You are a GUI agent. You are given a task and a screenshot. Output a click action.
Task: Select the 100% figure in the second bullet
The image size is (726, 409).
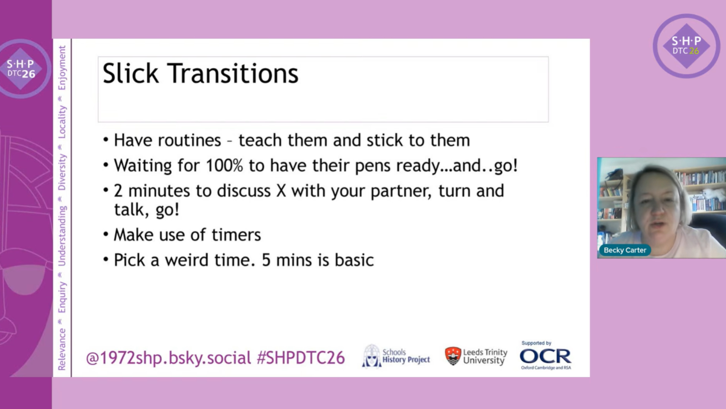point(224,165)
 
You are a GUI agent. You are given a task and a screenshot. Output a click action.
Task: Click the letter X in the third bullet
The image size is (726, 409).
point(281,190)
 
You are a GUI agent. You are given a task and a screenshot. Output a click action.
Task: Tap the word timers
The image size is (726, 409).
point(236,235)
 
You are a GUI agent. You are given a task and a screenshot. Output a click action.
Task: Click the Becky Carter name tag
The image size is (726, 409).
point(625,250)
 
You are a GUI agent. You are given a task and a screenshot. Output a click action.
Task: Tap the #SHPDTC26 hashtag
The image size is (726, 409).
point(301,358)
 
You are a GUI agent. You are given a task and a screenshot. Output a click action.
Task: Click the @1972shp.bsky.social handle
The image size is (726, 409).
point(169,358)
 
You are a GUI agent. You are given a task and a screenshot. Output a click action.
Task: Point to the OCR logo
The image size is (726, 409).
point(546,356)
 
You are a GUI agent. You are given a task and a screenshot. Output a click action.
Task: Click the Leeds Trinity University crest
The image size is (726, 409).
point(453,356)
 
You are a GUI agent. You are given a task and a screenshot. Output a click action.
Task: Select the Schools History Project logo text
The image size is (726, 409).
point(406,356)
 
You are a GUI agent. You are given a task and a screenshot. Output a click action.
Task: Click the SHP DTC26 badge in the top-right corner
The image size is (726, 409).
point(686,46)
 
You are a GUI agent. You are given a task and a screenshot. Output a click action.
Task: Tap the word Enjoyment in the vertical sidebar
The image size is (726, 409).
point(62,68)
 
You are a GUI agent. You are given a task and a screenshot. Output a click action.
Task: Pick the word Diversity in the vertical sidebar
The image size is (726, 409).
point(62,172)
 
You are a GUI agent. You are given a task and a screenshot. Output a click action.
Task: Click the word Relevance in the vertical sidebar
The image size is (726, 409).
point(62,349)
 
